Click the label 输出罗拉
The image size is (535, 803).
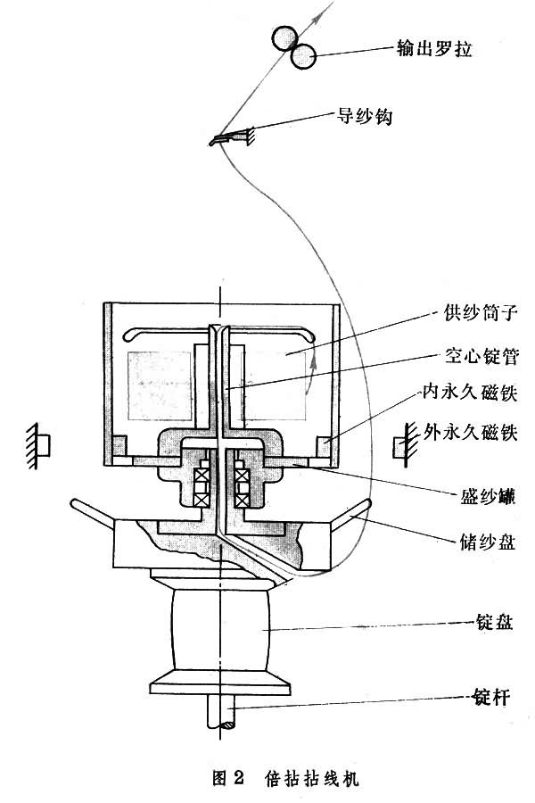[433, 49]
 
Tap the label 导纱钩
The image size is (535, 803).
[364, 116]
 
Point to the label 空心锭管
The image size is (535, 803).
[481, 355]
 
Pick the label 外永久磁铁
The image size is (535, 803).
[470, 433]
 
